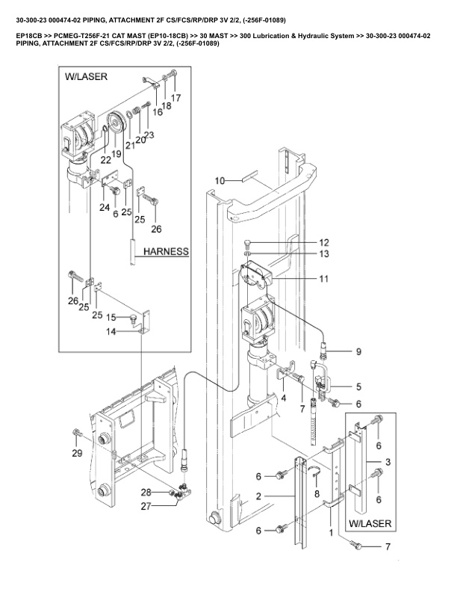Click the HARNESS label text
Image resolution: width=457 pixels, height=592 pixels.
pos(166,251)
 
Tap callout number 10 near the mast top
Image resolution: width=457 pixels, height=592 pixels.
pos(220,181)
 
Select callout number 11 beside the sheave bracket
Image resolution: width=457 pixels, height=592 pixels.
pos(324,279)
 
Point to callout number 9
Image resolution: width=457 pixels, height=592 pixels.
pos(358,352)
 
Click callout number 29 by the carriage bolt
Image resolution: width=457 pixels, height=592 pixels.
pos(77,453)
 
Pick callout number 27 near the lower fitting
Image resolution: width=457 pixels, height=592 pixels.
pos(146,506)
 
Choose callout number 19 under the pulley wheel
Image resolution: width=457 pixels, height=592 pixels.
pos(116,154)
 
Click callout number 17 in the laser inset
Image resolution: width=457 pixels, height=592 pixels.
pos(175,98)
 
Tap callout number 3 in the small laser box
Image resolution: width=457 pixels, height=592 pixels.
pos(388,462)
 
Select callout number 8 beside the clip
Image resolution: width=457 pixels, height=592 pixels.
pos(317,494)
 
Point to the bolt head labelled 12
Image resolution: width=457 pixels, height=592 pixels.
pos(247,242)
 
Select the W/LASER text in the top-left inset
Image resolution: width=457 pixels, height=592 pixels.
pos(86,77)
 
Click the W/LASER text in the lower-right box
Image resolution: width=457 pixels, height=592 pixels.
pos(370,524)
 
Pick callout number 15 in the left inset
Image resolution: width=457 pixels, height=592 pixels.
pos(111,318)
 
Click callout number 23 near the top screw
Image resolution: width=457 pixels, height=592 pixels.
pos(149,135)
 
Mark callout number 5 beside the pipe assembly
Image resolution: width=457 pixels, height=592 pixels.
pos(358,386)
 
